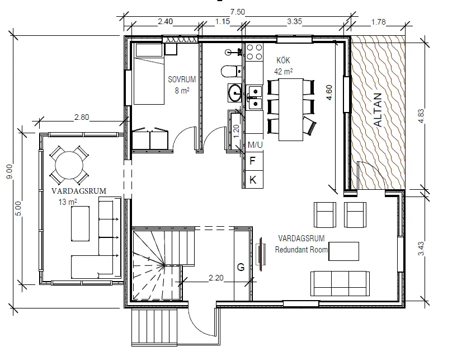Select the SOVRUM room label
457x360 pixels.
182,80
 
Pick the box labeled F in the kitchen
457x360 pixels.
253,161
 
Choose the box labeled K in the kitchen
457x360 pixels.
253,180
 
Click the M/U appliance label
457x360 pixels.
255,145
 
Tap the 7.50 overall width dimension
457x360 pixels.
238,11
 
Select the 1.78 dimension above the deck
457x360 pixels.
378,22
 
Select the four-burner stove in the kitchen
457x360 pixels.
255,52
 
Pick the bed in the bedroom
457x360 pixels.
148,73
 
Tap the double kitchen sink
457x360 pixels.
255,96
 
